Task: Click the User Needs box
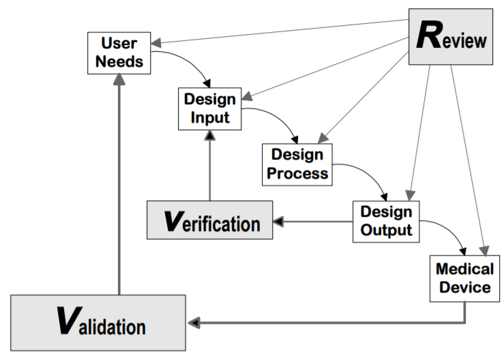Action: click(119, 52)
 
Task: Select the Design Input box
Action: click(210, 108)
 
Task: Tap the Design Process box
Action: click(297, 164)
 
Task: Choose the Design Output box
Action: click(386, 220)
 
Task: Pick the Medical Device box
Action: click(464, 276)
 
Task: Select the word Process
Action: click(297, 173)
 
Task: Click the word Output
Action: click(386, 230)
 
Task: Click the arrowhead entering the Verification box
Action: click(279, 221)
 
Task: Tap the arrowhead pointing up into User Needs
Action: click(119, 80)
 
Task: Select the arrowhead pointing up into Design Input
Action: click(210, 136)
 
